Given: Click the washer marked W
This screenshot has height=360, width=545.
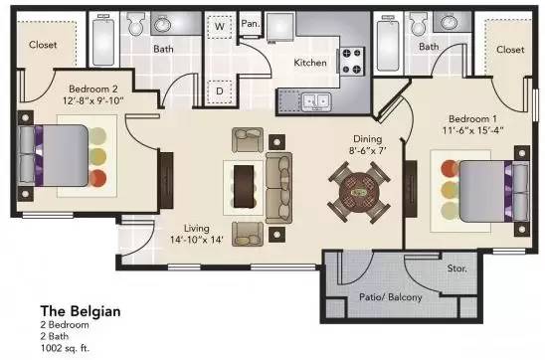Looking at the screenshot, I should tap(220, 28).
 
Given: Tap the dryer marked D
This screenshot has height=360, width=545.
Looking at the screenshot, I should tap(220, 90).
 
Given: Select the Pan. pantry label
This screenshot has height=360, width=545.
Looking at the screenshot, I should tap(250, 23).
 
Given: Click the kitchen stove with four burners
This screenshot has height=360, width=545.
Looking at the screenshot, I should tap(351, 60).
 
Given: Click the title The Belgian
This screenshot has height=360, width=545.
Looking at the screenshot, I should tap(80, 311).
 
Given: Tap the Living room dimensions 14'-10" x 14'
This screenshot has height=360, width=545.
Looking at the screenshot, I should tap(198, 239).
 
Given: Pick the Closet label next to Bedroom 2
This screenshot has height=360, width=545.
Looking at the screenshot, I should tap(43, 45).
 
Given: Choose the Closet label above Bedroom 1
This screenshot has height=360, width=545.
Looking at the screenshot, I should tap(509, 50).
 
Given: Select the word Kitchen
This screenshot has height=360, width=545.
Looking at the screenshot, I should tap(310, 63).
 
